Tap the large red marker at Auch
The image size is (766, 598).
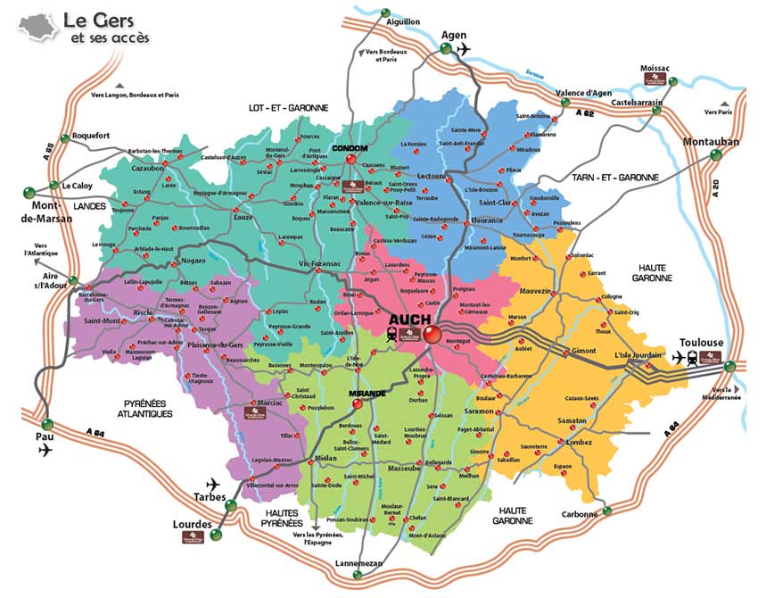pyautogui.click(x=432, y=335)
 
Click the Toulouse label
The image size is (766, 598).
pyautogui.click(x=701, y=343)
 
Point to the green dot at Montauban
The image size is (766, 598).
pyautogui.click(x=715, y=154)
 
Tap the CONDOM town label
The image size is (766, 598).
pyautogui.click(x=350, y=149)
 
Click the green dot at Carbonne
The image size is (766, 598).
pyautogui.click(x=607, y=511)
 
